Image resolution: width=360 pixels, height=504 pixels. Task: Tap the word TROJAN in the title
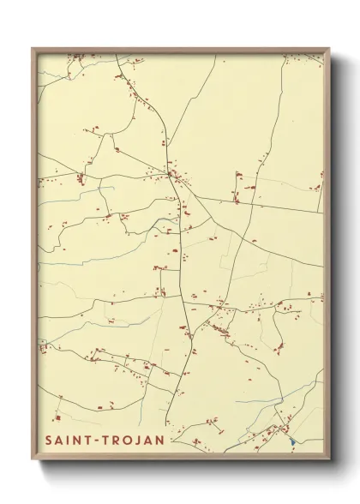[x=134, y=440]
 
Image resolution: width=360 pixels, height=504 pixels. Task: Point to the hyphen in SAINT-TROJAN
[x=101, y=441]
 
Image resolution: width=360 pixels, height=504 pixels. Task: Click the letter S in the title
[x=49, y=440]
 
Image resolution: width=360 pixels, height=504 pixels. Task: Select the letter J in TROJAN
[x=139, y=440]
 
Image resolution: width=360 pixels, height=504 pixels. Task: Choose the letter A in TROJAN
[x=149, y=440]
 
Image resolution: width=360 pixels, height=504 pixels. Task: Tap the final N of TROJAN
[x=160, y=440]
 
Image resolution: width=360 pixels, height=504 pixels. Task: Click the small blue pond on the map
[x=292, y=441]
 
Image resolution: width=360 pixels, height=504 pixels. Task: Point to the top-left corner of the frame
[x=33, y=48]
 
